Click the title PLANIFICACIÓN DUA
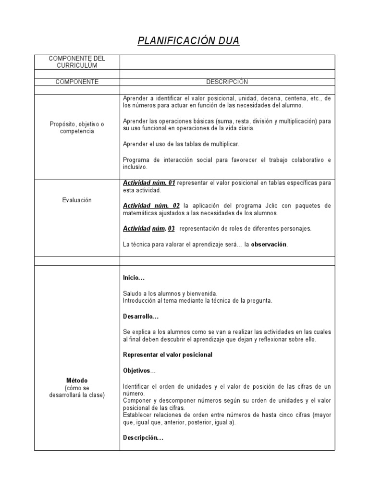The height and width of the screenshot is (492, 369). click(x=188, y=41)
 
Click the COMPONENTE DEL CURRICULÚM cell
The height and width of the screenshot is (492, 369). click(x=77, y=61)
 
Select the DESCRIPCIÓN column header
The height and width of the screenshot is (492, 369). click(x=227, y=82)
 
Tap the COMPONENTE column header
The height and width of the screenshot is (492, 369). click(x=77, y=82)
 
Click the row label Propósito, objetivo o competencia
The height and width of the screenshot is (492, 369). click(x=77, y=127)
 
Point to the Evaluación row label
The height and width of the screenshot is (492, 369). click(x=77, y=200)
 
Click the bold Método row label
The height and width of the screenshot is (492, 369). click(x=77, y=381)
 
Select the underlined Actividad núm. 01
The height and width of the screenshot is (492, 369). click(x=149, y=183)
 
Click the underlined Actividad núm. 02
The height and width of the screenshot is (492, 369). click(x=151, y=206)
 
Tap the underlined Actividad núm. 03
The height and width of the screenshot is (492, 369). click(x=148, y=229)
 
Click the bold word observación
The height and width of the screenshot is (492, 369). click(x=269, y=245)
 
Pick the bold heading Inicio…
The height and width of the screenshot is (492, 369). click(x=134, y=278)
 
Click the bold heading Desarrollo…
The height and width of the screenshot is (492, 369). click(x=140, y=317)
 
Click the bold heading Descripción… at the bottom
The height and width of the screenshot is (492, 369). click(x=143, y=438)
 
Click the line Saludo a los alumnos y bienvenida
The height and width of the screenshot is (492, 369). click(x=170, y=293)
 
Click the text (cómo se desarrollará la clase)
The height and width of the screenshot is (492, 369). click(x=77, y=392)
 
